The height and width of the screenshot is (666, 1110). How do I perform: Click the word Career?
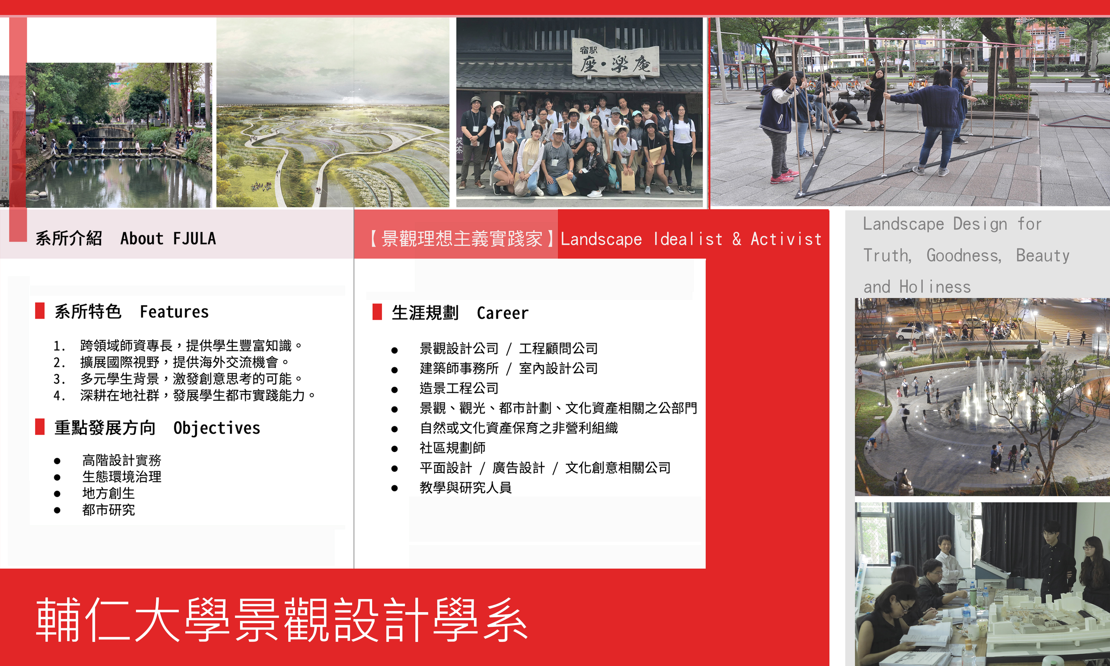(503, 313)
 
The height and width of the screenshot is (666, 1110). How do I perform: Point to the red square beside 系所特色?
(40, 311)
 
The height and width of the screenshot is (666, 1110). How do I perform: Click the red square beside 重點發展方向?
(40, 427)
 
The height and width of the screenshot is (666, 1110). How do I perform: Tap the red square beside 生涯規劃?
(377, 312)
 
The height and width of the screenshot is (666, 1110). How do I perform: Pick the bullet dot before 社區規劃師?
(394, 449)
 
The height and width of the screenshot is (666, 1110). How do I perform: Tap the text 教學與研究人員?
(466, 487)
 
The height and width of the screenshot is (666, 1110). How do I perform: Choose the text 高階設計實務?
(122, 460)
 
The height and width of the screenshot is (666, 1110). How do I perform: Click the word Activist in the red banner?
(786, 239)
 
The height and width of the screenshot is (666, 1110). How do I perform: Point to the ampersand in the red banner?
(737, 239)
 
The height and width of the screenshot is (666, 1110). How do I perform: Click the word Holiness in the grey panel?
(935, 287)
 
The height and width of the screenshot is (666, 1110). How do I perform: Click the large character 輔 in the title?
(58, 620)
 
